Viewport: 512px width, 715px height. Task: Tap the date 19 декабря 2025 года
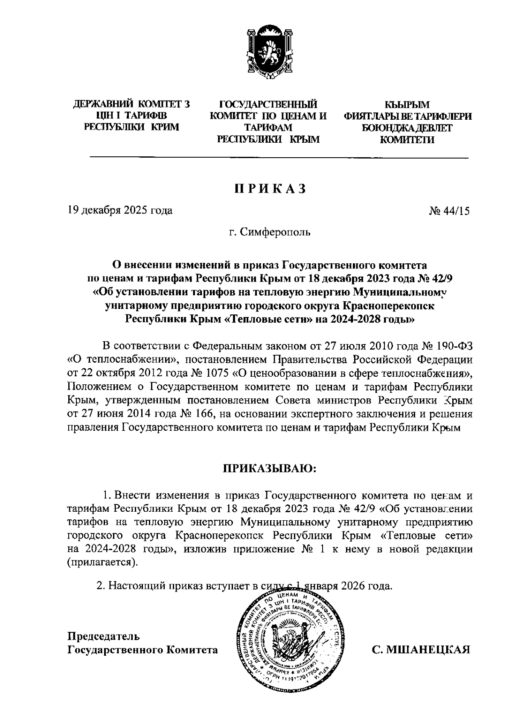[120, 210]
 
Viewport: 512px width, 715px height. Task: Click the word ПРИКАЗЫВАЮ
[268, 469]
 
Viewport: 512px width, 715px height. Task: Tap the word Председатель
[104, 636]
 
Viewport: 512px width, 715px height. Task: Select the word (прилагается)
[102, 562]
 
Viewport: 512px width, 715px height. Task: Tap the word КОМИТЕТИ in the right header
[407, 139]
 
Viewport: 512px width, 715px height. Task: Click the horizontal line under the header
[279, 159]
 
